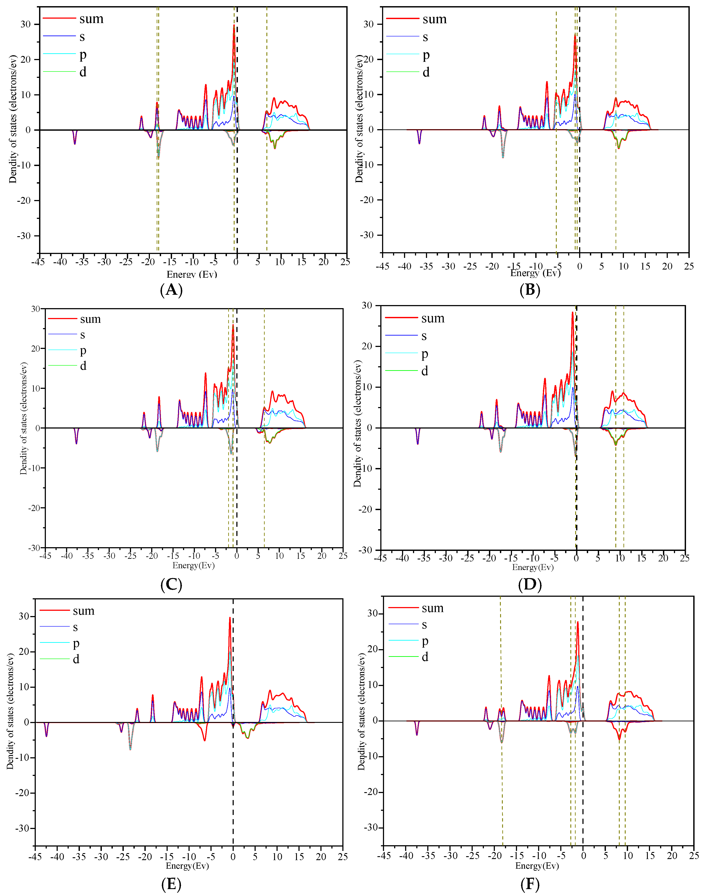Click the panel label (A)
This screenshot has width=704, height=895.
[171, 290]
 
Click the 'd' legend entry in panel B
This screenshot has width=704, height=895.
[426, 73]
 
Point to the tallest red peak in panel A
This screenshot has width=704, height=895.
[234, 25]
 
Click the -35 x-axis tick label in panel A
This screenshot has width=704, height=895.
[82, 262]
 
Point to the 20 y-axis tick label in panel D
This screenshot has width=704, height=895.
[366, 346]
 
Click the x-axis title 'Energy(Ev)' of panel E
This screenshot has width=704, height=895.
[187, 865]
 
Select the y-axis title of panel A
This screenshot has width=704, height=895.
[13, 120]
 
